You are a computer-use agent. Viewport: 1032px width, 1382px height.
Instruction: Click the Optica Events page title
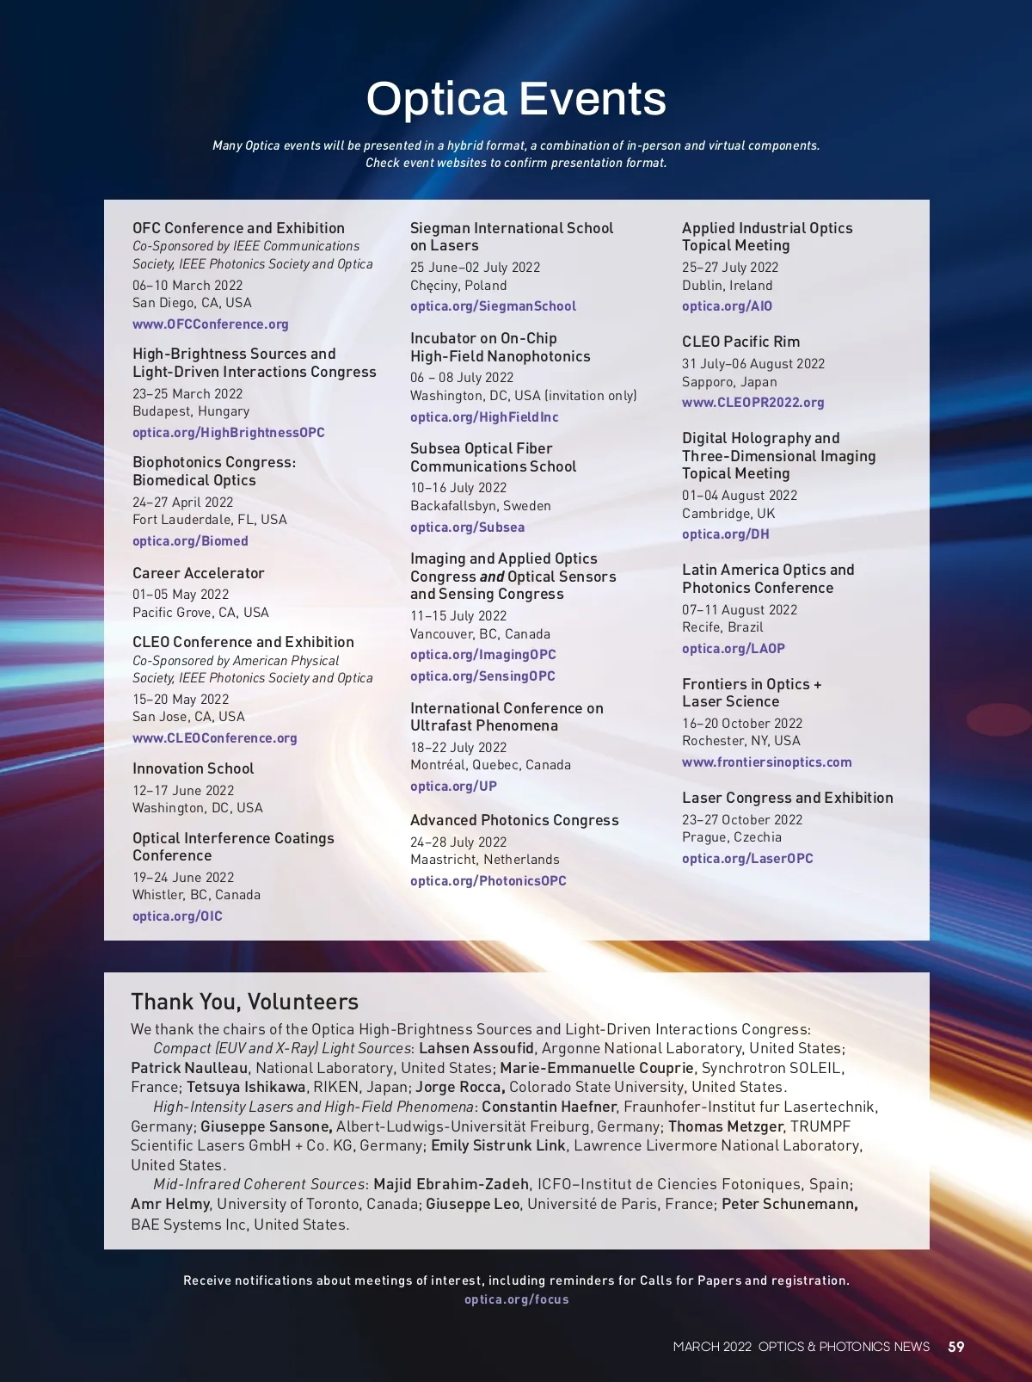tap(516, 98)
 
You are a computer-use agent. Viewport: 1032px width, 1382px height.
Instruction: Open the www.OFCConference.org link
tap(210, 324)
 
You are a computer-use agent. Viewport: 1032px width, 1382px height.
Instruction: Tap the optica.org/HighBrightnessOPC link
tap(229, 433)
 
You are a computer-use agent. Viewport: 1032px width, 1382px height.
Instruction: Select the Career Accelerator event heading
tap(199, 573)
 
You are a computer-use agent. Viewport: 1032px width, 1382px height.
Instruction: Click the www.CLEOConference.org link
tap(215, 738)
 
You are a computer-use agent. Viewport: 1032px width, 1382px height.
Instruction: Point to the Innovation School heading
tap(193, 768)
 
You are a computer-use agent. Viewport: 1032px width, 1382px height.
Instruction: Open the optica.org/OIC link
tap(177, 916)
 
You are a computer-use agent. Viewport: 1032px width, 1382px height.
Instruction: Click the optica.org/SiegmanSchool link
tap(493, 306)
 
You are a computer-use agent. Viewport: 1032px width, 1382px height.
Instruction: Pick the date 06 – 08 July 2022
tap(462, 378)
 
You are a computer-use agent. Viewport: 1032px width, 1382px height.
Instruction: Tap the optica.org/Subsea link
tap(467, 528)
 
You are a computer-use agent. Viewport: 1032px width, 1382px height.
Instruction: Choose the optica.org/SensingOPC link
tap(482, 676)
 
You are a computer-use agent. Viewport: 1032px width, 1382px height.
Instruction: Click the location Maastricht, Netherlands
tap(485, 860)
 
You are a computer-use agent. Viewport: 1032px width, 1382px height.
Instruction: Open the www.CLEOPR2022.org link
tap(752, 403)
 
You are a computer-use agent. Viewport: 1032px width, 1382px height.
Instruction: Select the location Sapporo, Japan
tap(729, 382)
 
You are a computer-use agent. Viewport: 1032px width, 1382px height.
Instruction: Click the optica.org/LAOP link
tap(734, 649)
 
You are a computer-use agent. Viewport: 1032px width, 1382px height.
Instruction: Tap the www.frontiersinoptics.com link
tap(767, 762)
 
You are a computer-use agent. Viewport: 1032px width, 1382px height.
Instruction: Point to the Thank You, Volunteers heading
tap(245, 1002)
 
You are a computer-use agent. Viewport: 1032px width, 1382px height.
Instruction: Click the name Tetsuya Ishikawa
tap(246, 1087)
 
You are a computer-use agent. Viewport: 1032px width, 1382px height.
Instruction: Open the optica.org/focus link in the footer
tap(517, 1299)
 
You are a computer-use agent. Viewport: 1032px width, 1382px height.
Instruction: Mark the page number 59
tap(956, 1347)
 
